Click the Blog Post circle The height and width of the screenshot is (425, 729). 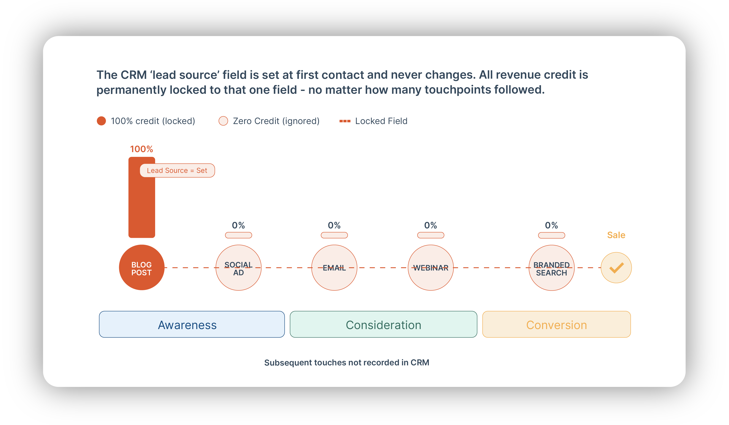142,268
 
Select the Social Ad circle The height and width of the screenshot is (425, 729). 239,268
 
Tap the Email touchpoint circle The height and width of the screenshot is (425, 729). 334,268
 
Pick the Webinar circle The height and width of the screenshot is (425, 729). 431,268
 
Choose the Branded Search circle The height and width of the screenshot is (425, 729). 552,268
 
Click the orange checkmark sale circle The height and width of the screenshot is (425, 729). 616,268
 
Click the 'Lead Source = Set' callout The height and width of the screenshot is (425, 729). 177,170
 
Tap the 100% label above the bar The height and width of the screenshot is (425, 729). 142,149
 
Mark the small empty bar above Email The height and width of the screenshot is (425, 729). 334,235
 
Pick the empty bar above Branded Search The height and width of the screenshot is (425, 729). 552,235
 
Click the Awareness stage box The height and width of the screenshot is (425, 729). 192,324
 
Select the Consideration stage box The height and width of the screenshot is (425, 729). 384,324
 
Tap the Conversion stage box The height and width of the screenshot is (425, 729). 557,324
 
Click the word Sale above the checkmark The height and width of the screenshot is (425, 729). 616,235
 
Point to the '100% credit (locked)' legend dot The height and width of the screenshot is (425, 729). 101,121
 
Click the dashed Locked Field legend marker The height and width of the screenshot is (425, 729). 345,121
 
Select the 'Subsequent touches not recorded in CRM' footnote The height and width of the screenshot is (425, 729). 347,363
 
